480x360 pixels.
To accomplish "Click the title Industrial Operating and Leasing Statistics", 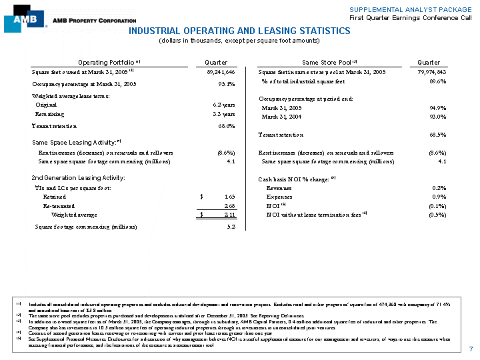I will (239, 31).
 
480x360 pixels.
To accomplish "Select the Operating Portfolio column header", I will (107, 62).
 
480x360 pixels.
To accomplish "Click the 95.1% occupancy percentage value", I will (225, 84).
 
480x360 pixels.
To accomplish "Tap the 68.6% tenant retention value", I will (225, 126).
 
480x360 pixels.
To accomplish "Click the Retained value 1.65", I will (228, 197).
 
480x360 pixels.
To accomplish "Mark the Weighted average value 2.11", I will (228, 215).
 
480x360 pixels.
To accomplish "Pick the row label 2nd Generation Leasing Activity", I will (79, 179).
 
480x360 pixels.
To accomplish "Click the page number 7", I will (471, 349).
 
